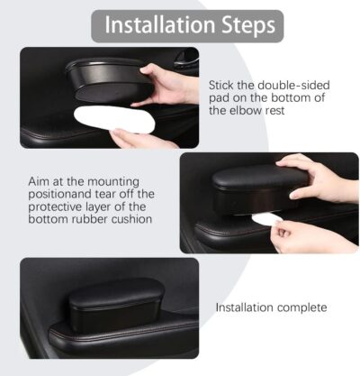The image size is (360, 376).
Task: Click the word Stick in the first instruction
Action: click(223, 83)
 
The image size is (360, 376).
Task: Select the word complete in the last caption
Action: click(303, 307)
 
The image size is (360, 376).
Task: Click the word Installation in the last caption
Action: click(246, 307)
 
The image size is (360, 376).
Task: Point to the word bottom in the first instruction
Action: click(285, 96)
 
